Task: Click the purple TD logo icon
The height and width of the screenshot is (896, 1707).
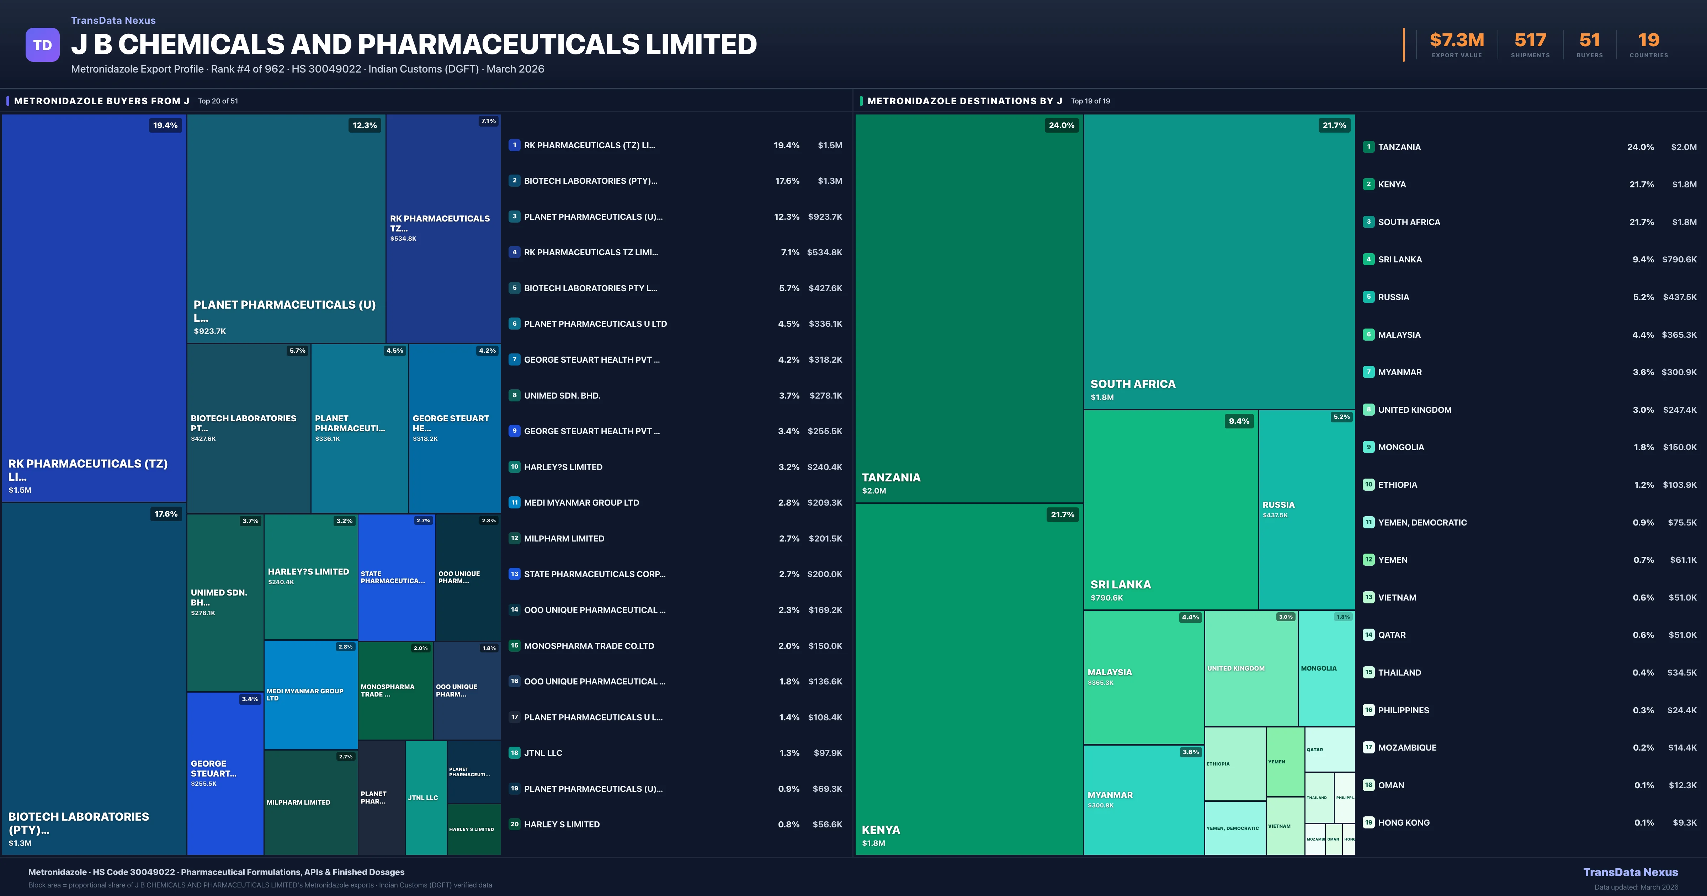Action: [42, 45]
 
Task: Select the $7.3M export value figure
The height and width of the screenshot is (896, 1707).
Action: [1457, 41]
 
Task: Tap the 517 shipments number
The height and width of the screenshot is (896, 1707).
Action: [1530, 41]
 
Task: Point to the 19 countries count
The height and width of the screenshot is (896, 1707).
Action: [1649, 41]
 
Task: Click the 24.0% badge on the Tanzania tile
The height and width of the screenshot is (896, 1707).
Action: [1061, 125]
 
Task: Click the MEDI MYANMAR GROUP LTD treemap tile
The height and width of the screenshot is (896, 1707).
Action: [310, 694]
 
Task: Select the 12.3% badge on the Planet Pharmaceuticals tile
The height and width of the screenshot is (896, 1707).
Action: [365, 125]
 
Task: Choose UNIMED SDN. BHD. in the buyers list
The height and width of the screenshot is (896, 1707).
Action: [562, 396]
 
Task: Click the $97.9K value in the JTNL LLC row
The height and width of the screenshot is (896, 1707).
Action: [828, 753]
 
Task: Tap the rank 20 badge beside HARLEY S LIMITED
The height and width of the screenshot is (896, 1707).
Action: [514, 825]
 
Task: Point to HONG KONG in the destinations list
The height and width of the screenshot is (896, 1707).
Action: [1404, 822]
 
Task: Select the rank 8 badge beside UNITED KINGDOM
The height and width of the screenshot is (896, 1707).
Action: [1368, 410]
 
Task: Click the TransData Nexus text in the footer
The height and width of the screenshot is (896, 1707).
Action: [1630, 872]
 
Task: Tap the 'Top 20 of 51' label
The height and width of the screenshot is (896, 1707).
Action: [218, 101]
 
